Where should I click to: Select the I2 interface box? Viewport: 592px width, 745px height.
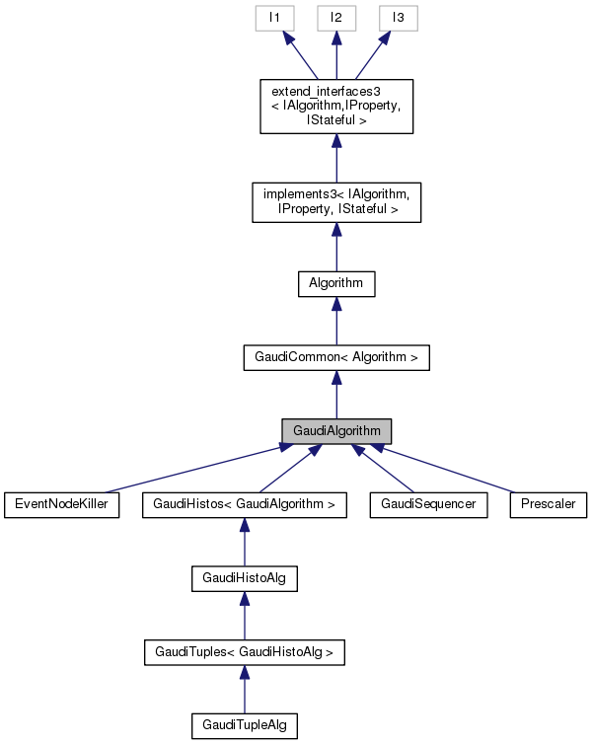(336, 19)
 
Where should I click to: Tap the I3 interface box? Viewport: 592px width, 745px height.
(399, 19)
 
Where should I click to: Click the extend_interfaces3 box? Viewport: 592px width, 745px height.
(336, 107)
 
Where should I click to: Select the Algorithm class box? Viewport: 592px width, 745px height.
(336, 283)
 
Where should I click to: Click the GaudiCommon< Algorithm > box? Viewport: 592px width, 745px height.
(336, 357)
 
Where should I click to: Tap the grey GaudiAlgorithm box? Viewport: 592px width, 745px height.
(336, 431)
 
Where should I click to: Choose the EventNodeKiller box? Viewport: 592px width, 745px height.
(61, 504)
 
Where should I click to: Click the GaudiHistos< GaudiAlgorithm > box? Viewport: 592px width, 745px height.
(245, 504)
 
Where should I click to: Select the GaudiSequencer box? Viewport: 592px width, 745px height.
(428, 504)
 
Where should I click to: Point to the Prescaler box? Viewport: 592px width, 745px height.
(549, 504)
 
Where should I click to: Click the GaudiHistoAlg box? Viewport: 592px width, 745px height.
(245, 578)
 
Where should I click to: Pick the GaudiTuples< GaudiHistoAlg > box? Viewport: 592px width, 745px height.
(245, 652)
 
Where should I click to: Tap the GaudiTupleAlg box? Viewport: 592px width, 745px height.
(245, 726)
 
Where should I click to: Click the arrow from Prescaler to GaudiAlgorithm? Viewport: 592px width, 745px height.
(444, 468)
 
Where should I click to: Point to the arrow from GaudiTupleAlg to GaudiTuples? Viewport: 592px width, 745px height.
(245, 690)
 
